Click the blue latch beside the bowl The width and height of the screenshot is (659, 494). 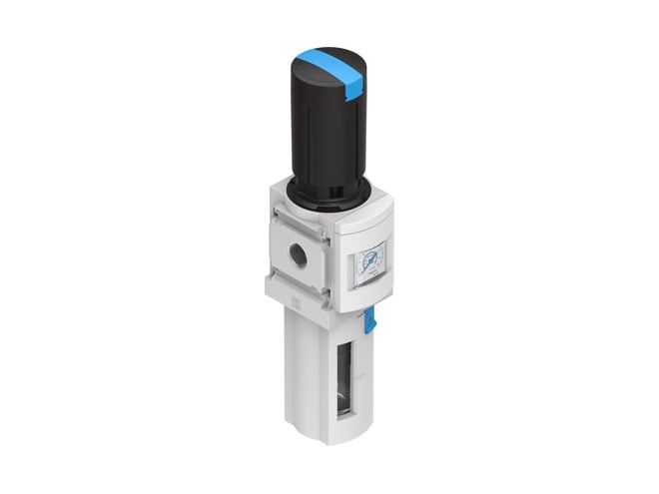pos(369,320)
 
